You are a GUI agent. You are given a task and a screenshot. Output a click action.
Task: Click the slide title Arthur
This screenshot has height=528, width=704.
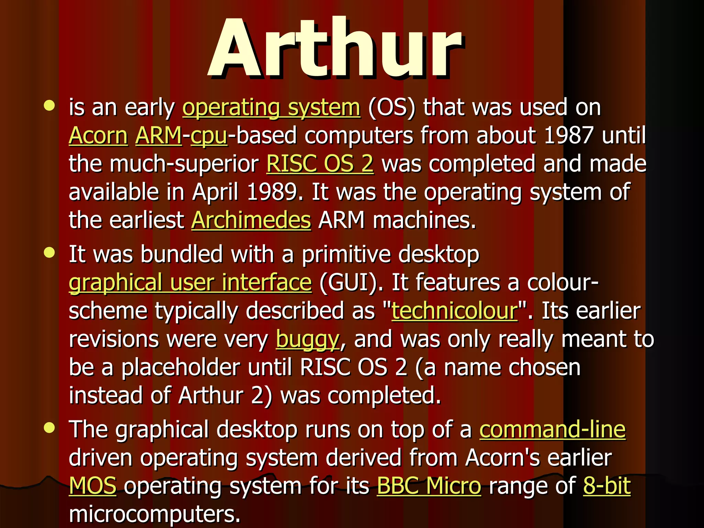[335, 48]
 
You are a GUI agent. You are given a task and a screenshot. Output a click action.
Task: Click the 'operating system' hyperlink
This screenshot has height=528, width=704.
[271, 107]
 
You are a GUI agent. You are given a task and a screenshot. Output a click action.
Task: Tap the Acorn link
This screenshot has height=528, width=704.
[98, 135]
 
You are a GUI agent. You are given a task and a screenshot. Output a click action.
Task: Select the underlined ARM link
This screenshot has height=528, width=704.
[158, 135]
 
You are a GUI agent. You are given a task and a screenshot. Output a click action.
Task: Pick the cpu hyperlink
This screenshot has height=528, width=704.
[209, 136]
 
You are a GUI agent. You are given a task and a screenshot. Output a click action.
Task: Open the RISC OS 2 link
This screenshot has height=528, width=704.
[320, 164]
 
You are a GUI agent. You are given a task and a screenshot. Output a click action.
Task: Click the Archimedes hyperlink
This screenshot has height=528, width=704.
[251, 220]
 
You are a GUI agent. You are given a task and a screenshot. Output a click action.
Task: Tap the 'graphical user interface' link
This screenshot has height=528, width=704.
[190, 283]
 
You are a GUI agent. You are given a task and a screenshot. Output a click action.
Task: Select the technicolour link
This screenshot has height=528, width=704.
[454, 311]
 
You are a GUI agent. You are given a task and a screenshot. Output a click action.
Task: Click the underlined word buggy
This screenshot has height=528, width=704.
[308, 340]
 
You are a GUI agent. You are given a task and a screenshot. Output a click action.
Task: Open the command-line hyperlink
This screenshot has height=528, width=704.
[552, 430]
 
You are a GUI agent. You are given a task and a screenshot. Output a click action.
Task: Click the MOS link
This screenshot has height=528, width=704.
[93, 486]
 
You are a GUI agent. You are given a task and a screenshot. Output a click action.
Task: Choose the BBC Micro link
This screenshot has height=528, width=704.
[429, 486]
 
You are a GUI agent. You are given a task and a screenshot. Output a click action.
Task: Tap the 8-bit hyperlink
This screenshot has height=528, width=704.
[607, 486]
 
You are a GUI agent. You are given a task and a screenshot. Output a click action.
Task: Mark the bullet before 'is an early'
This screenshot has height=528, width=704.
[49, 106]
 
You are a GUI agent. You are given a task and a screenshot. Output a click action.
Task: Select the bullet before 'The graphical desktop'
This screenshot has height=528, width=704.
[49, 428]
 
